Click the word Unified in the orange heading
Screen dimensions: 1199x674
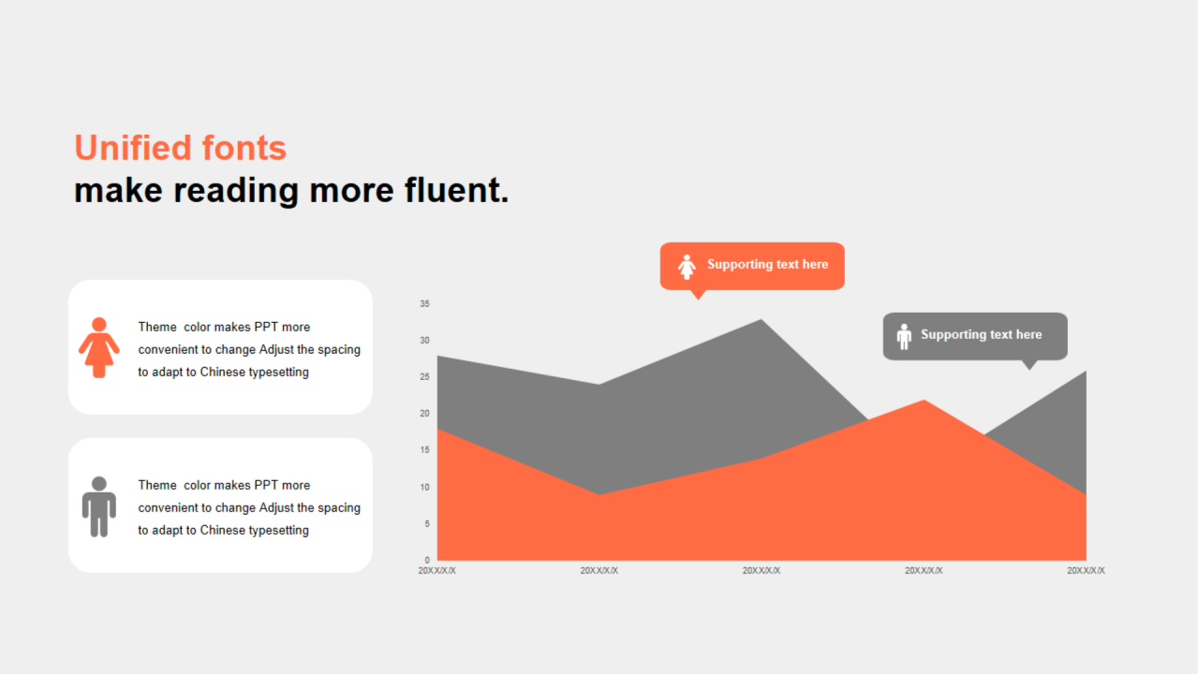(x=133, y=148)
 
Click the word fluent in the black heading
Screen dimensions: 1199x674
(x=456, y=190)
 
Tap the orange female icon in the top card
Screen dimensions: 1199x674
(x=99, y=347)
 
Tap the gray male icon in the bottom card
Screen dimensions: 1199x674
(x=99, y=506)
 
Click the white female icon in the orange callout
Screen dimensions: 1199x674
(x=687, y=267)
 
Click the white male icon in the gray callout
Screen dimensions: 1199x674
(x=904, y=336)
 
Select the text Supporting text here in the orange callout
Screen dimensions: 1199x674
(x=767, y=264)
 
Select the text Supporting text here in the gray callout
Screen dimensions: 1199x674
(x=981, y=334)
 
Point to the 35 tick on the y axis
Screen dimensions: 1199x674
(x=424, y=304)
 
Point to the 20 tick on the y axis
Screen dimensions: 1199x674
(x=424, y=414)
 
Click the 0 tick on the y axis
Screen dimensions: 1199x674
(x=426, y=560)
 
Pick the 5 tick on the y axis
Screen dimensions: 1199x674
(x=426, y=523)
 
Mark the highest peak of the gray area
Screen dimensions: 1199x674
(x=762, y=320)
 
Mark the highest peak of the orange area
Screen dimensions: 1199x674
(x=924, y=401)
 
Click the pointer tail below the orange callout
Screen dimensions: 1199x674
(x=698, y=295)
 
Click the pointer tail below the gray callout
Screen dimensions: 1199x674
(x=1029, y=365)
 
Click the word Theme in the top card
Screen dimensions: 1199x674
(x=157, y=327)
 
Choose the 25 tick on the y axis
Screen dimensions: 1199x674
(x=424, y=377)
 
